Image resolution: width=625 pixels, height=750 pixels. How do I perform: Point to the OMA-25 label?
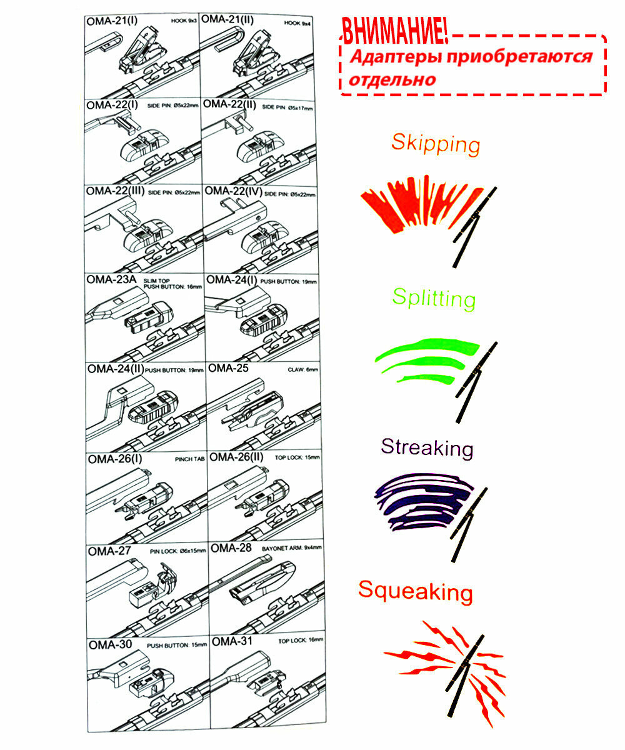[228, 368]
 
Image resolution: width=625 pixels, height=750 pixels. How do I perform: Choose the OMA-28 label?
[231, 548]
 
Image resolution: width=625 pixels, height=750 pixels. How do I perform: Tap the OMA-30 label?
[110, 644]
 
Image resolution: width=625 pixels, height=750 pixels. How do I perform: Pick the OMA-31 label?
[231, 641]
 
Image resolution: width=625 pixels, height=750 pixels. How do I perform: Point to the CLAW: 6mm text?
[304, 369]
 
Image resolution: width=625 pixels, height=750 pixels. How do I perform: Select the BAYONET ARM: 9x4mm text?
[292, 547]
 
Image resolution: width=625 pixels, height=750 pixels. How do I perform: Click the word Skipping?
[436, 144]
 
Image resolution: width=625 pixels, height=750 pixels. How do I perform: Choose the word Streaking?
[427, 447]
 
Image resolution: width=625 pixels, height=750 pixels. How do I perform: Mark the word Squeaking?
[415, 591]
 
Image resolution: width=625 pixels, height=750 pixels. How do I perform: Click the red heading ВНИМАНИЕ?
[394, 31]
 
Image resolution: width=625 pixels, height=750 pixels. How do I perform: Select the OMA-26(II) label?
[237, 457]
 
